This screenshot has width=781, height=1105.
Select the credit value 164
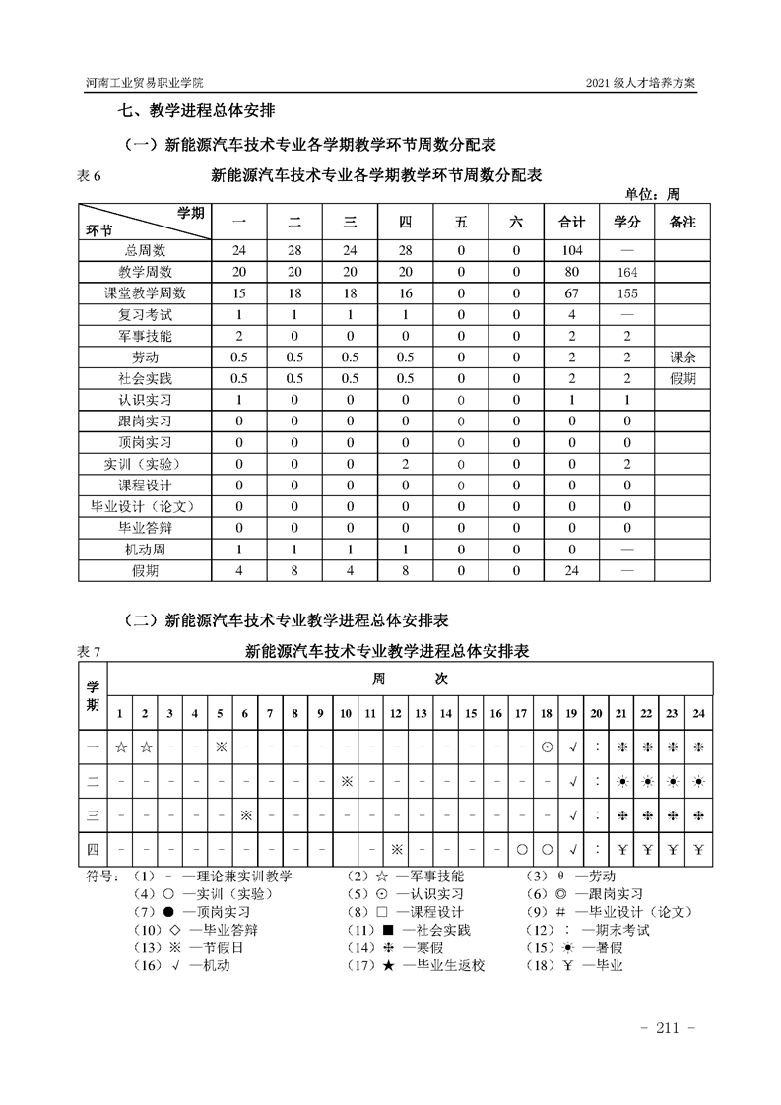[x=627, y=272]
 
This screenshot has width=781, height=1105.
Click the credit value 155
[x=627, y=293]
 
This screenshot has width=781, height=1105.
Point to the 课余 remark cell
[x=683, y=357]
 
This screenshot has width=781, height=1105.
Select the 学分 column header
[x=627, y=222]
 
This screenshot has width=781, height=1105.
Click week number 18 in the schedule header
[x=546, y=713]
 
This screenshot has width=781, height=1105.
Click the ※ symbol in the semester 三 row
[x=246, y=815]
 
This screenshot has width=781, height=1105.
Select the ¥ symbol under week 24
[x=698, y=849]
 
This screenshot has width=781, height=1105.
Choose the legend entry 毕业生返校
[x=434, y=965]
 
